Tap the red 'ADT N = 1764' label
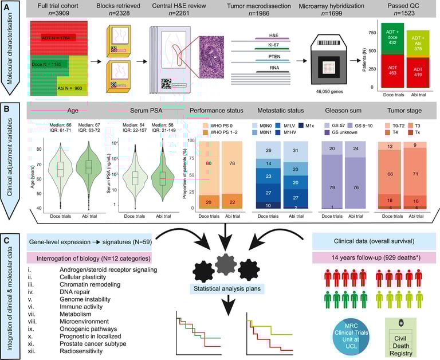(x=58, y=38)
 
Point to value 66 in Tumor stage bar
(x=390, y=173)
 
